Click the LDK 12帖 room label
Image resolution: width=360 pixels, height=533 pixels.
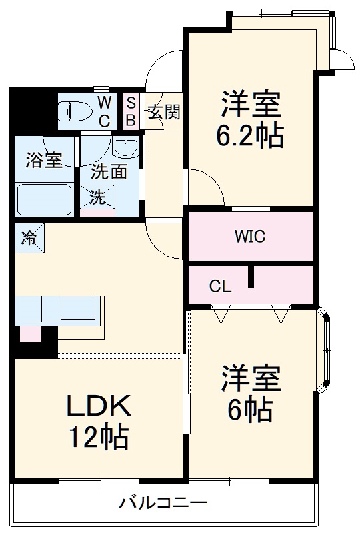point(98,420)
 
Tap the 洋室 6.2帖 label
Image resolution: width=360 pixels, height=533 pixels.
point(250,119)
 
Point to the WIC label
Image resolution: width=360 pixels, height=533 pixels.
point(249,236)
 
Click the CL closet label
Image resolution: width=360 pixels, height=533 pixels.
point(220,287)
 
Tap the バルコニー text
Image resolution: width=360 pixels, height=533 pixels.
point(163,503)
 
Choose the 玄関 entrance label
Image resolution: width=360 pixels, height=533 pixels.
point(163,112)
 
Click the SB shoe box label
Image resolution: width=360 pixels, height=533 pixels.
point(131,111)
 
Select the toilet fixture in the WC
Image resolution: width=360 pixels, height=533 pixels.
point(75,109)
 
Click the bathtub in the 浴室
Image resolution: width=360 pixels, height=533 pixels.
point(43,198)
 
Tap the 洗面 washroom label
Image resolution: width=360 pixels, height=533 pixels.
point(109,171)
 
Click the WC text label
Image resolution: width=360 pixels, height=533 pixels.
point(105,111)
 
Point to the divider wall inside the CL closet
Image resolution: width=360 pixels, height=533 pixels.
point(251,277)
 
